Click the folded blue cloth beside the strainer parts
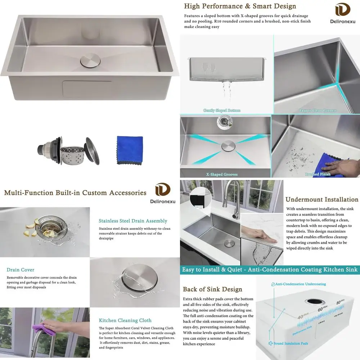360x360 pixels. click(x=130, y=150)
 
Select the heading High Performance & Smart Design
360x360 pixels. click(x=240, y=6)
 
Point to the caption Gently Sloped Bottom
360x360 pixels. click(x=222, y=111)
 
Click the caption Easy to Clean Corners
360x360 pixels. click(x=318, y=111)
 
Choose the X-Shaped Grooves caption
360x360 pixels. click(x=222, y=175)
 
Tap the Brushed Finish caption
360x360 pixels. click(x=318, y=175)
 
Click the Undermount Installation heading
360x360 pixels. click(x=322, y=199)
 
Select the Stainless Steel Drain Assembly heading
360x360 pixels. click(x=133, y=221)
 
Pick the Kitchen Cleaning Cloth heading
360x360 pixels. click(x=125, y=320)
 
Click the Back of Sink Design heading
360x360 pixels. click(x=212, y=289)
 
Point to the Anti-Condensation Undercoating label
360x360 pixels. click(x=298, y=284)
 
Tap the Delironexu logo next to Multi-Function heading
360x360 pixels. click(x=163, y=193)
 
